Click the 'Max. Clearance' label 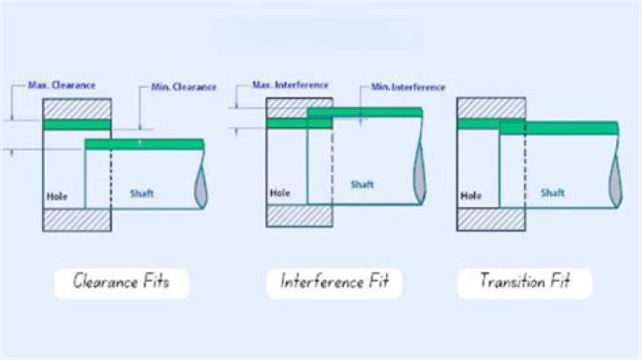62,86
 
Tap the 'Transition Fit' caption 524,283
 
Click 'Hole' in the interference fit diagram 280,192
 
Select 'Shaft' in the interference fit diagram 361,184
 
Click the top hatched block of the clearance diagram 78,108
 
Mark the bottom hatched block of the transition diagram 490,219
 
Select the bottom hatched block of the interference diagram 300,216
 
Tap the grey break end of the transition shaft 614,178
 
